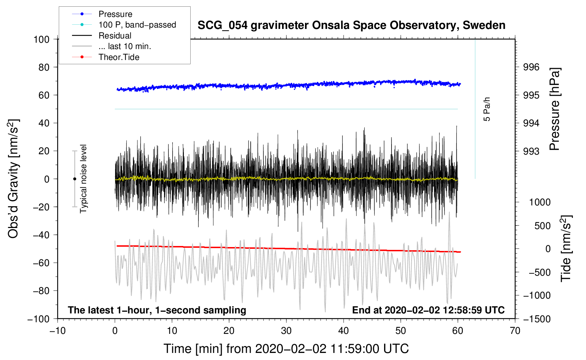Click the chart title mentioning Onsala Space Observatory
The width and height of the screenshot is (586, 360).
[x=351, y=25]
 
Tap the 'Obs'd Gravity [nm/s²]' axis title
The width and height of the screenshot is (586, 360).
[x=13, y=179]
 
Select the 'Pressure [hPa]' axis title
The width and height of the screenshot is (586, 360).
[x=555, y=109]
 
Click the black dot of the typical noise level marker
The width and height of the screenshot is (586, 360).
[x=74, y=179]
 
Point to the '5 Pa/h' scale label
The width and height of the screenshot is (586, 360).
[x=486, y=109]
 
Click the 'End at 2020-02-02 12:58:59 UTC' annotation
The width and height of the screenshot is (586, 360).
[x=428, y=310]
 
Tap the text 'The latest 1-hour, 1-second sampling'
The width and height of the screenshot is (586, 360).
[x=157, y=310]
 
